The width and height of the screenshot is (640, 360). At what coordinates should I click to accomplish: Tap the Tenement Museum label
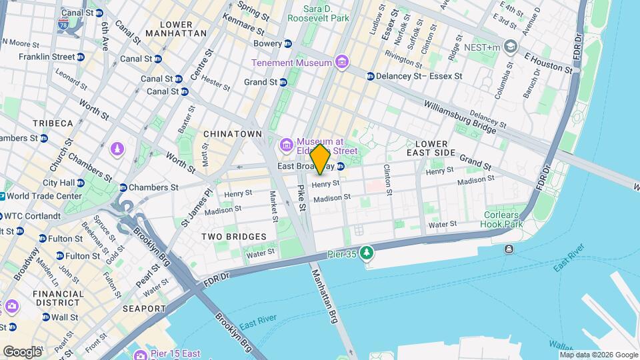point(291,63)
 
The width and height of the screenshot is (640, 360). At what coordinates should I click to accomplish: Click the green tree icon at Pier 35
point(365,253)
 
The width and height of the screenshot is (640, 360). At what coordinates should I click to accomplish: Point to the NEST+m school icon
point(511,46)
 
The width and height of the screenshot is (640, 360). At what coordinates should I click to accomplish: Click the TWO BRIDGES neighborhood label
point(235,237)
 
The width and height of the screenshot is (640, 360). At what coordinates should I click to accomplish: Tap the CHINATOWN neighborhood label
point(233,134)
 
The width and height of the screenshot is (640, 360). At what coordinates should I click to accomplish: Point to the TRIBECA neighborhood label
point(53,124)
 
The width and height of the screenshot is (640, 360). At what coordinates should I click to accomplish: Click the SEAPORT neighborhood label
point(144,309)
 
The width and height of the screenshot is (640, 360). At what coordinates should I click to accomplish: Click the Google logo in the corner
point(22,351)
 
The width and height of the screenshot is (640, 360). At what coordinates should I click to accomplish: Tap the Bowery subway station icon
point(288,43)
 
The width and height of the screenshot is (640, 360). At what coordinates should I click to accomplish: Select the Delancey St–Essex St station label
point(419,77)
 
